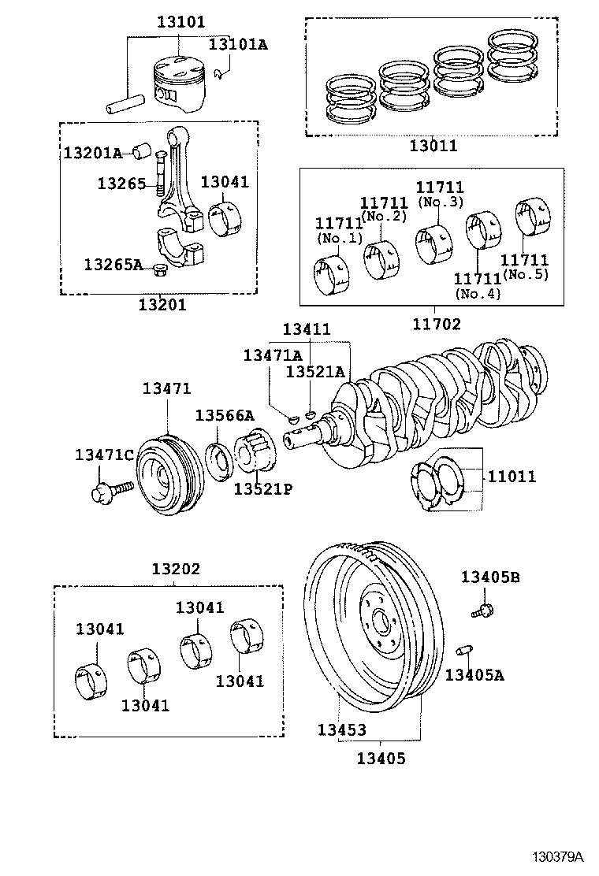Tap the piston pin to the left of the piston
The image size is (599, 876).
(123, 102)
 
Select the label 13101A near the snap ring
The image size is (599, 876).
(237, 44)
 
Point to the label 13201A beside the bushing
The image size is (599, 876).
(92, 153)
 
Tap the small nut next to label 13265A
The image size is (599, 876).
(162, 271)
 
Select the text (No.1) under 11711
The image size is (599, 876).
(339, 239)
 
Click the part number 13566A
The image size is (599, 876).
(225, 415)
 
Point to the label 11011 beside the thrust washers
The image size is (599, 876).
(511, 476)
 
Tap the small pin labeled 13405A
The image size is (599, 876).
(464, 649)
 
